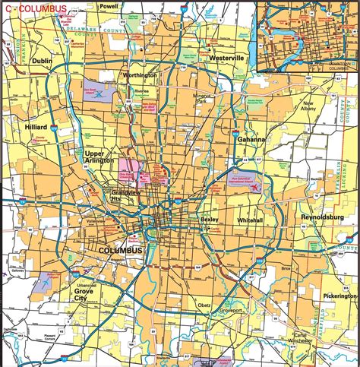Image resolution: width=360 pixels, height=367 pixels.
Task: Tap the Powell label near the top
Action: pos(108,6)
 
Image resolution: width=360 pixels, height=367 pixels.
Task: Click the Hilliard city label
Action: pos(36,127)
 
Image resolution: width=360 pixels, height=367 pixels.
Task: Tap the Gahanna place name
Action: pos(250,140)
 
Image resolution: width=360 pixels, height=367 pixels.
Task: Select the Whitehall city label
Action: pos(250,220)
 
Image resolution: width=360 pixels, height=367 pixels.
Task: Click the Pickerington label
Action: pos(339,293)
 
